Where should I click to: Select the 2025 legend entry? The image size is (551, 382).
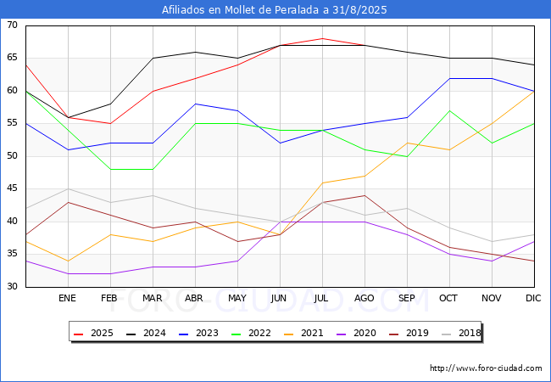[93, 333]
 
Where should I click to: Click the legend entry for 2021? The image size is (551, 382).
[303, 333]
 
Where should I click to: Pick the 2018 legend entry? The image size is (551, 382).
[461, 333]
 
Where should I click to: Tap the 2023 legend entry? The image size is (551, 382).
[198, 333]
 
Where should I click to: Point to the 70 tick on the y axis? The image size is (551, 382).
[12, 25]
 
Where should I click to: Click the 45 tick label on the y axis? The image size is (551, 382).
[12, 188]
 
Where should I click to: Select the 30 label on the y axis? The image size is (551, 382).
[12, 286]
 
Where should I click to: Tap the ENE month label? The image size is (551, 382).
[67, 298]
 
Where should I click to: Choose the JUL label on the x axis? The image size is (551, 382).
[321, 298]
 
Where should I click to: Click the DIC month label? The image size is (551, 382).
[533, 298]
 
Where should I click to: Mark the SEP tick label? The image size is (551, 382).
[407, 298]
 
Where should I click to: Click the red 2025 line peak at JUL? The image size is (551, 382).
[323, 38]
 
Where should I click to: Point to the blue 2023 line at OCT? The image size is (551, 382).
[450, 78]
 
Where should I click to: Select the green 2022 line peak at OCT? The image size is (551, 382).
[450, 111]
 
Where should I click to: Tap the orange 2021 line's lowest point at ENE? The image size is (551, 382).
[68, 261]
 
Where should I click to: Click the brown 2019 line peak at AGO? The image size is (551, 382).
[365, 195]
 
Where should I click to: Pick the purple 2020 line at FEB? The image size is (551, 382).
[111, 273]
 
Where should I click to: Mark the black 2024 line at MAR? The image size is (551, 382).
[153, 58]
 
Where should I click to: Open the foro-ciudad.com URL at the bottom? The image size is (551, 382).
[486, 368]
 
